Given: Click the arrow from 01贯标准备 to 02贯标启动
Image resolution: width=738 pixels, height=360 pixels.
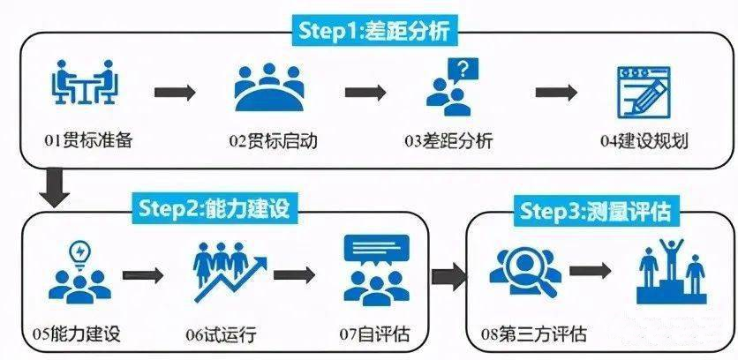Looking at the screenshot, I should tap(175, 91).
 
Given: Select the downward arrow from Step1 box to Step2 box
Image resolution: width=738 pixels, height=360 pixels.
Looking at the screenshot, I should tap(56, 188).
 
